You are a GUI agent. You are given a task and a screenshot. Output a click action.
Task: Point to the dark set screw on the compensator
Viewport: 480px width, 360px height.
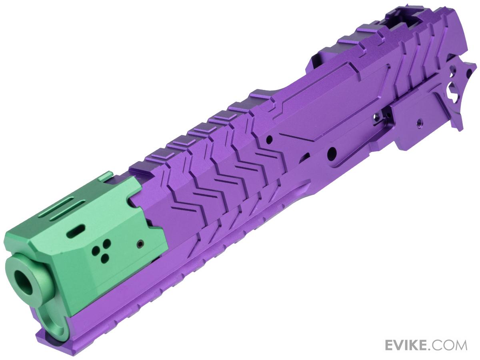[x=139, y=244]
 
